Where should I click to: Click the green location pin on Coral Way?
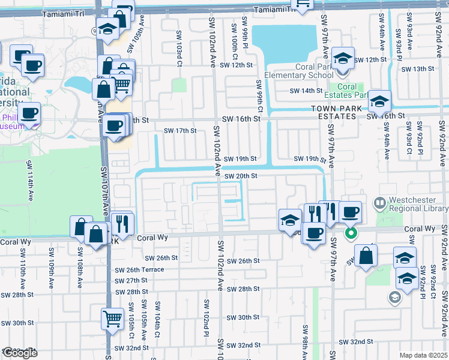pos(351,233)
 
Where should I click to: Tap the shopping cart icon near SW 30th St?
pos(112,319)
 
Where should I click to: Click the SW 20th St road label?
pos(241,176)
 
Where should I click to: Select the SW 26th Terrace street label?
pos(139,269)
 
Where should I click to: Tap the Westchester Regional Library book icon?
pos(379,203)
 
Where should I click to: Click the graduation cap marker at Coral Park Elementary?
pos(343,59)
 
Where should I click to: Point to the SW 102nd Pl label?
pos(205,318)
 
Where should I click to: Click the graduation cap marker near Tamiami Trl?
pos(108,29)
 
